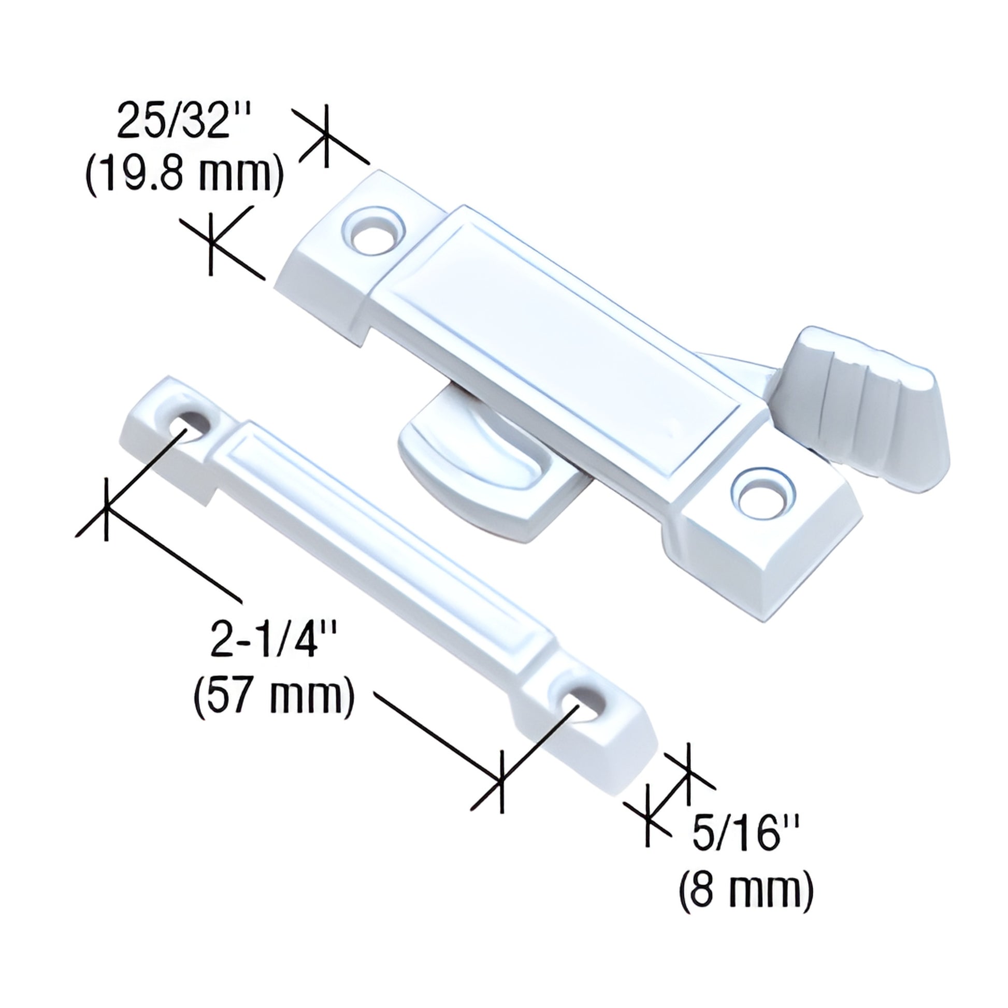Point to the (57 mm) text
[275, 697]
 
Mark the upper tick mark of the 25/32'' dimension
[327, 136]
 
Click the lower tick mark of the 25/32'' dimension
[211, 243]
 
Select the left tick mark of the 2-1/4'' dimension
[106, 509]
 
